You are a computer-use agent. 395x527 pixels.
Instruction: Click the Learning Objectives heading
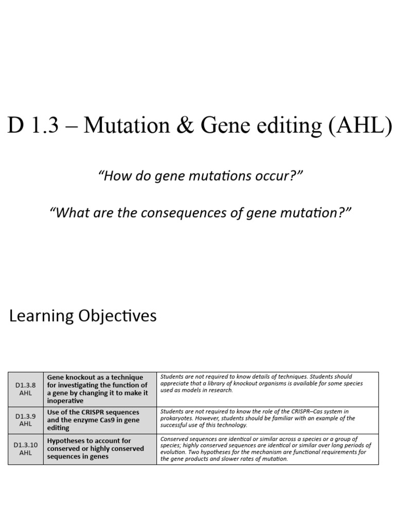point(83,315)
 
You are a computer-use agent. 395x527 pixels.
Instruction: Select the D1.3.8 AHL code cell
point(25,389)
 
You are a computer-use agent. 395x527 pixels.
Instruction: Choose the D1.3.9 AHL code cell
point(25,419)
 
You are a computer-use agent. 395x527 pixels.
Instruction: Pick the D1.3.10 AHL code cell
point(25,448)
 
